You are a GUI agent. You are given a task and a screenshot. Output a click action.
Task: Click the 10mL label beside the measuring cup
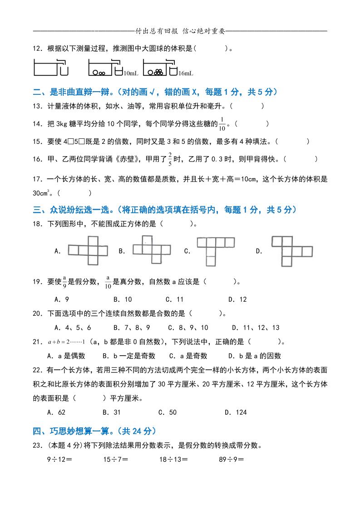pyautogui.click(x=131, y=73)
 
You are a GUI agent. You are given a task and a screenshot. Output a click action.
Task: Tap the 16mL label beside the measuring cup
pyautogui.click(x=186, y=73)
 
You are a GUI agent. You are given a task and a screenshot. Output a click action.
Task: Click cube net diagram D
pyautogui.click(x=291, y=251)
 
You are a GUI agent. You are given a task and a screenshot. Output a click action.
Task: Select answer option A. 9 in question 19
pyautogui.click(x=61, y=299)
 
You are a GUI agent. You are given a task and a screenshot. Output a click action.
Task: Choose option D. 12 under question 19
pyautogui.click(x=237, y=299)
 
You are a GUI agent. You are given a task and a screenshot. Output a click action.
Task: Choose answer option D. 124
pyautogui.click(x=236, y=412)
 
